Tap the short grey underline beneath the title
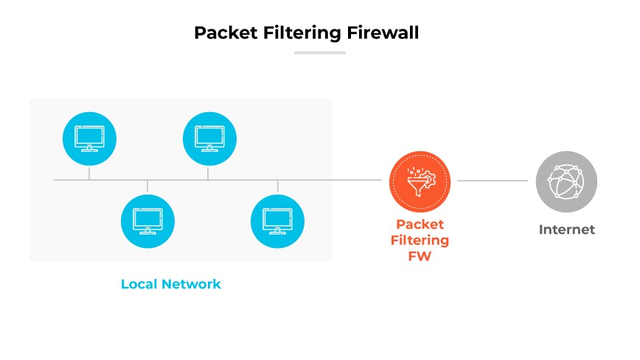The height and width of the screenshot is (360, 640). coord(319,52)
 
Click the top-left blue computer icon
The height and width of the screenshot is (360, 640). coord(89,138)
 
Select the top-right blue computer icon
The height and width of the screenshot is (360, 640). coord(209,138)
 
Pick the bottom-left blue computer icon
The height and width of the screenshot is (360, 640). coord(147,221)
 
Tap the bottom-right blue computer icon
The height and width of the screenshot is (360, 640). coord(278,221)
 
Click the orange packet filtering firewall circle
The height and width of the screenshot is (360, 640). coord(420,180)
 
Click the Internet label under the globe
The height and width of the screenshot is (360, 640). coord(566,229)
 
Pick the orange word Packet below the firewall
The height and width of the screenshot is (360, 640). coord(420,224)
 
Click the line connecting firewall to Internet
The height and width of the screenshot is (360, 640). coord(493,180)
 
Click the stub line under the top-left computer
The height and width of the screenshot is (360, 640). coord(89,173)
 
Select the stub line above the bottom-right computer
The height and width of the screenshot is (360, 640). coord(278,187)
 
